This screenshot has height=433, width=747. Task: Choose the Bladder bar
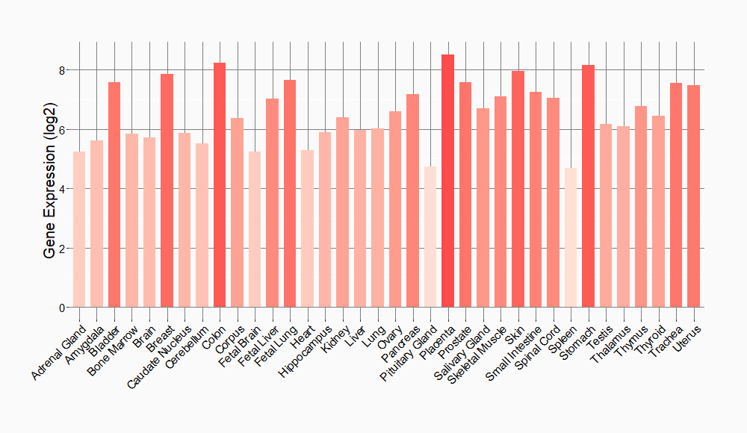click(114, 194)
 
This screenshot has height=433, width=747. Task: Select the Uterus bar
click(693, 196)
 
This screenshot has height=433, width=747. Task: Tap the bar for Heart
click(307, 228)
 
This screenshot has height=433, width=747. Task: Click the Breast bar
click(167, 190)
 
